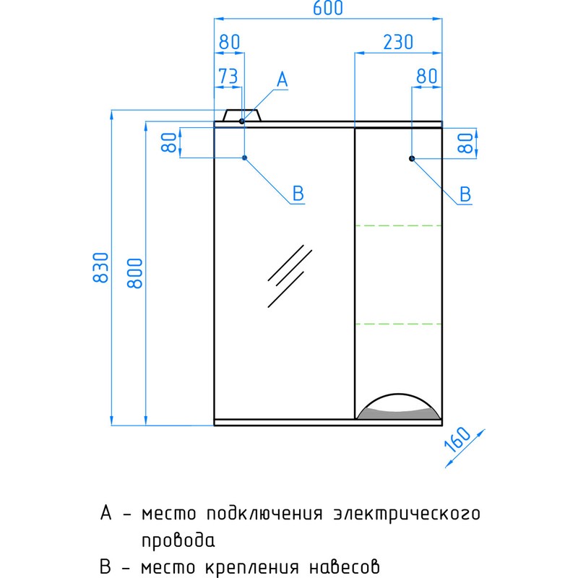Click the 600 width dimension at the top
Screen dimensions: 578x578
[x=328, y=8]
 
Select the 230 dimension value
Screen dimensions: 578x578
[x=398, y=42]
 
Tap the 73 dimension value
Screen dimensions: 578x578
[x=228, y=77]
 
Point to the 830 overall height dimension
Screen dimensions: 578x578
[x=100, y=267]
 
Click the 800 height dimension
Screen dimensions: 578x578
[x=134, y=273]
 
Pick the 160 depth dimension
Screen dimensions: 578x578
[x=458, y=439]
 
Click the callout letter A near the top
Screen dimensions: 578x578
[x=282, y=79]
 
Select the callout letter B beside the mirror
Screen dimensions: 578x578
[x=298, y=193]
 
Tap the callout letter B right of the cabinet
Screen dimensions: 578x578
[x=465, y=194]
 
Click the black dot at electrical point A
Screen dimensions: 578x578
[x=242, y=121]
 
